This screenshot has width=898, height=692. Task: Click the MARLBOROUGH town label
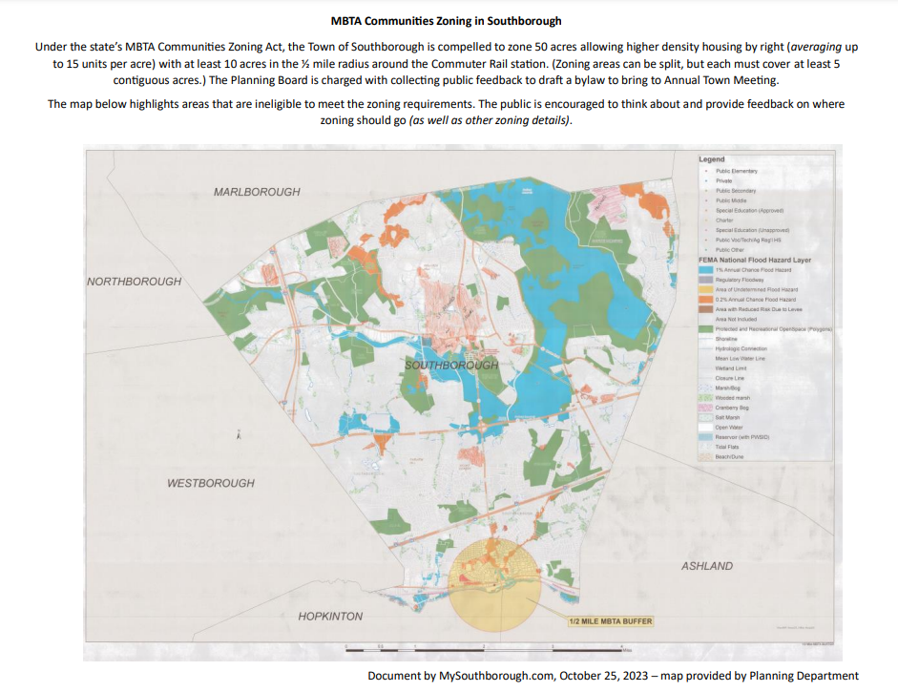click(x=257, y=192)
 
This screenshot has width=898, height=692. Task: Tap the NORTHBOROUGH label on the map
click(x=134, y=282)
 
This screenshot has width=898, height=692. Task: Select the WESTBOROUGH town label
click(x=211, y=483)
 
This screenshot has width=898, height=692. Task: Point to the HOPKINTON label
click(x=330, y=617)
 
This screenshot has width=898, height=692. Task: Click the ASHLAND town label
click(x=707, y=566)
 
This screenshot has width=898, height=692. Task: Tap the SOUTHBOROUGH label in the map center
click(x=451, y=366)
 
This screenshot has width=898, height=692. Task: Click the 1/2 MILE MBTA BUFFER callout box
click(x=611, y=621)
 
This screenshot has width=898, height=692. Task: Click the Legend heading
click(x=712, y=159)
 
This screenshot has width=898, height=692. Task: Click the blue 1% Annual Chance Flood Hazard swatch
click(x=706, y=270)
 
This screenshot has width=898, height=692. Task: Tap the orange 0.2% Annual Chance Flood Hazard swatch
click(x=706, y=300)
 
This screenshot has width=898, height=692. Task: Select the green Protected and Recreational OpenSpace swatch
click(x=706, y=328)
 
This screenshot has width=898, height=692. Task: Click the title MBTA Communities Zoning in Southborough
click(x=448, y=20)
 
